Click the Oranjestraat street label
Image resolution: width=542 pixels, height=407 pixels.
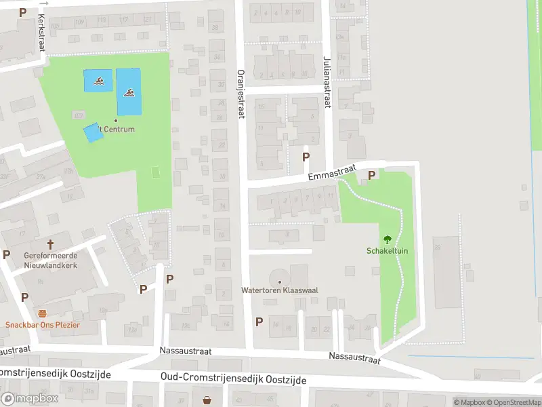click(240, 93)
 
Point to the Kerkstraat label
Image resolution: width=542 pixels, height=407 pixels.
click(42, 31)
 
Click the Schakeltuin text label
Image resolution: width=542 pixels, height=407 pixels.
click(388, 250)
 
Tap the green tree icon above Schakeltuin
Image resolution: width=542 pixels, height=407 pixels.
click(388, 239)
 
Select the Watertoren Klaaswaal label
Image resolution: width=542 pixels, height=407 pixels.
click(280, 290)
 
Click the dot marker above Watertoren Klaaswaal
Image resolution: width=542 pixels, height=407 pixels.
click(280, 281)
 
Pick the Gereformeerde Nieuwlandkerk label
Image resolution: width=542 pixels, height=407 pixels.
click(50, 260)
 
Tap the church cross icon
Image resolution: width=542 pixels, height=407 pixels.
click(50, 244)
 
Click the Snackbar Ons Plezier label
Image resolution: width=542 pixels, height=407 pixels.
click(43, 325)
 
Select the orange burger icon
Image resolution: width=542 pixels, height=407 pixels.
click(43, 313)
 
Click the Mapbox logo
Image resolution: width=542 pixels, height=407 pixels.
click(29, 399)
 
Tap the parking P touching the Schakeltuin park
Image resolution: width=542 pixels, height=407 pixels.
click(371, 176)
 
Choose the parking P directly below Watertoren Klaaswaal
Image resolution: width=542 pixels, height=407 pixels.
click(259, 322)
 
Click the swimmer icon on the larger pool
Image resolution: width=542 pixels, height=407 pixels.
click(129, 92)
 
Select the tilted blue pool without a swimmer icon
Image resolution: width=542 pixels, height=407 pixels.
click(93, 132)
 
